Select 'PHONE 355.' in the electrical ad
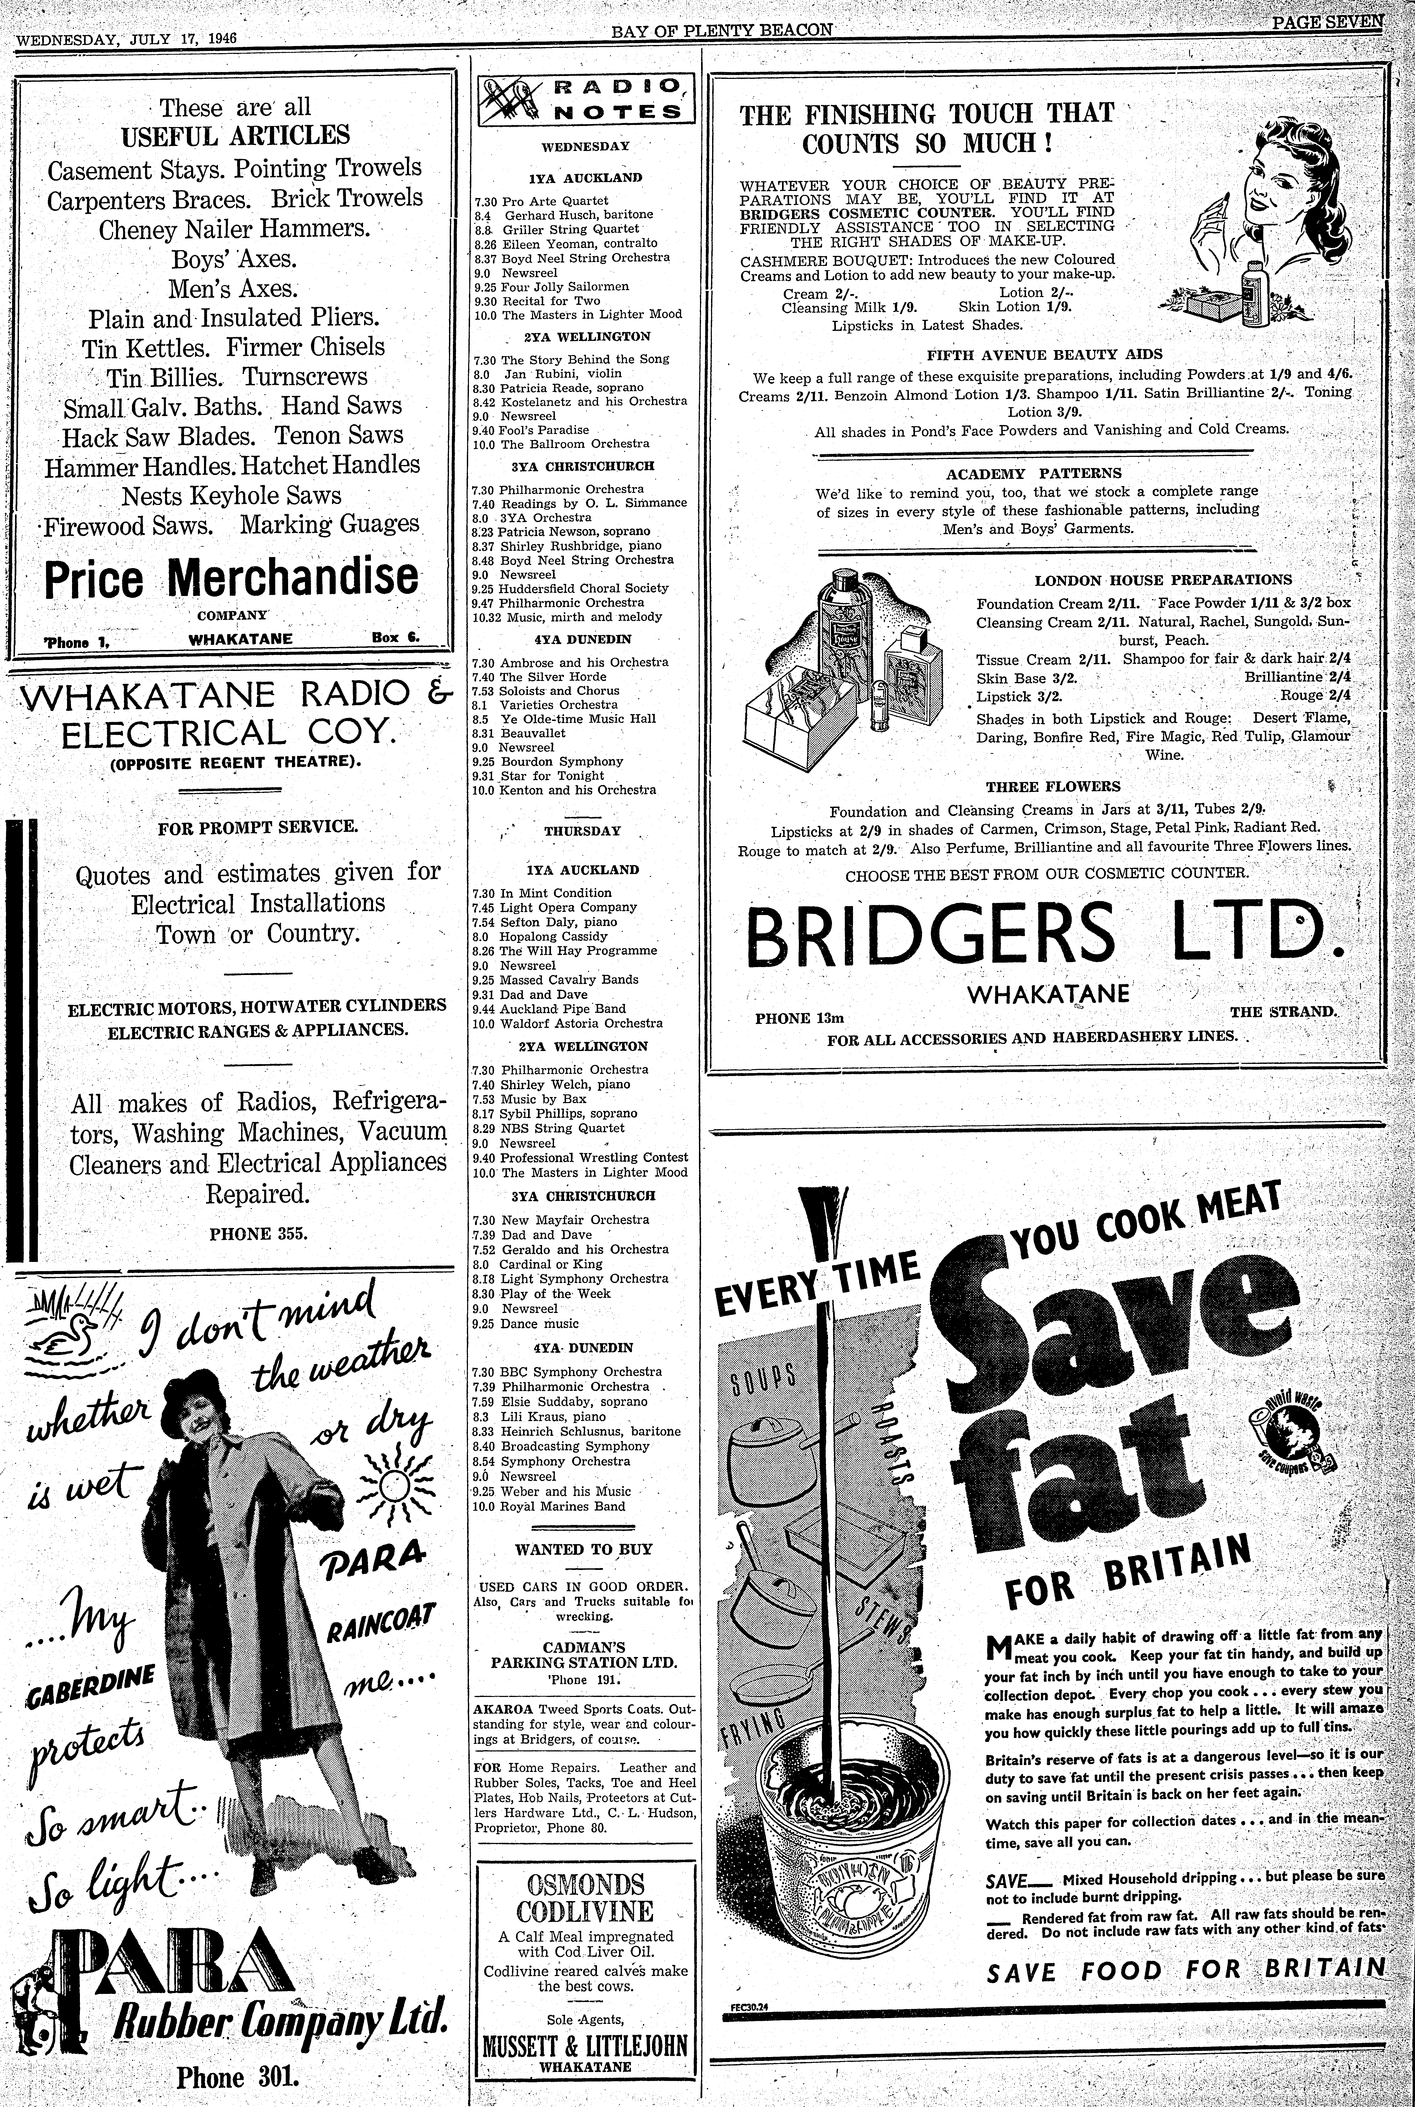(259, 1233)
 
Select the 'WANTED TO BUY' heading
(584, 1549)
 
